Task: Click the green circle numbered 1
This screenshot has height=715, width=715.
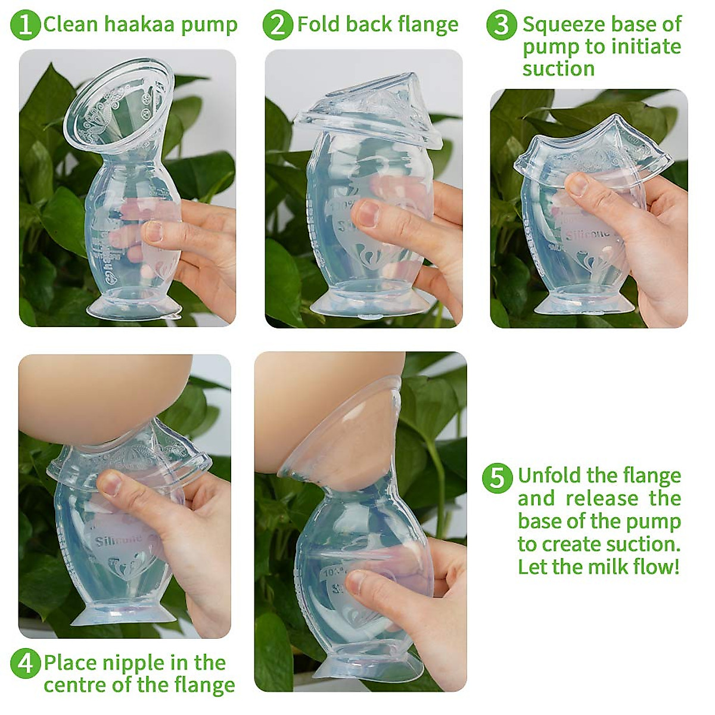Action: (x=26, y=25)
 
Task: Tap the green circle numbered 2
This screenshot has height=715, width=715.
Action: (x=278, y=25)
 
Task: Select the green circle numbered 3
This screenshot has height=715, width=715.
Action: (x=501, y=25)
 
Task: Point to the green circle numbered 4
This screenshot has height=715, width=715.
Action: (x=26, y=663)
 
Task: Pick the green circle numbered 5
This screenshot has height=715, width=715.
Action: (x=497, y=477)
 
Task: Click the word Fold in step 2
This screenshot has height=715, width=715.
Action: (x=319, y=24)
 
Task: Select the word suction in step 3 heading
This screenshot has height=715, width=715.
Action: (x=558, y=69)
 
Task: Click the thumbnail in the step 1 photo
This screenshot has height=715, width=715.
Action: (x=154, y=232)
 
